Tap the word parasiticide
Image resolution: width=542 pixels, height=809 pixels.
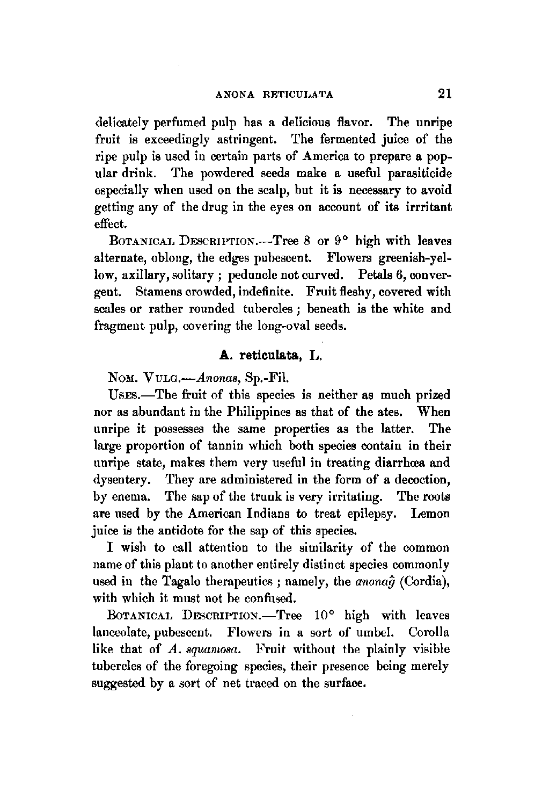[417, 174]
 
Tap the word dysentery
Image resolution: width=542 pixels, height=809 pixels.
[121, 480]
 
